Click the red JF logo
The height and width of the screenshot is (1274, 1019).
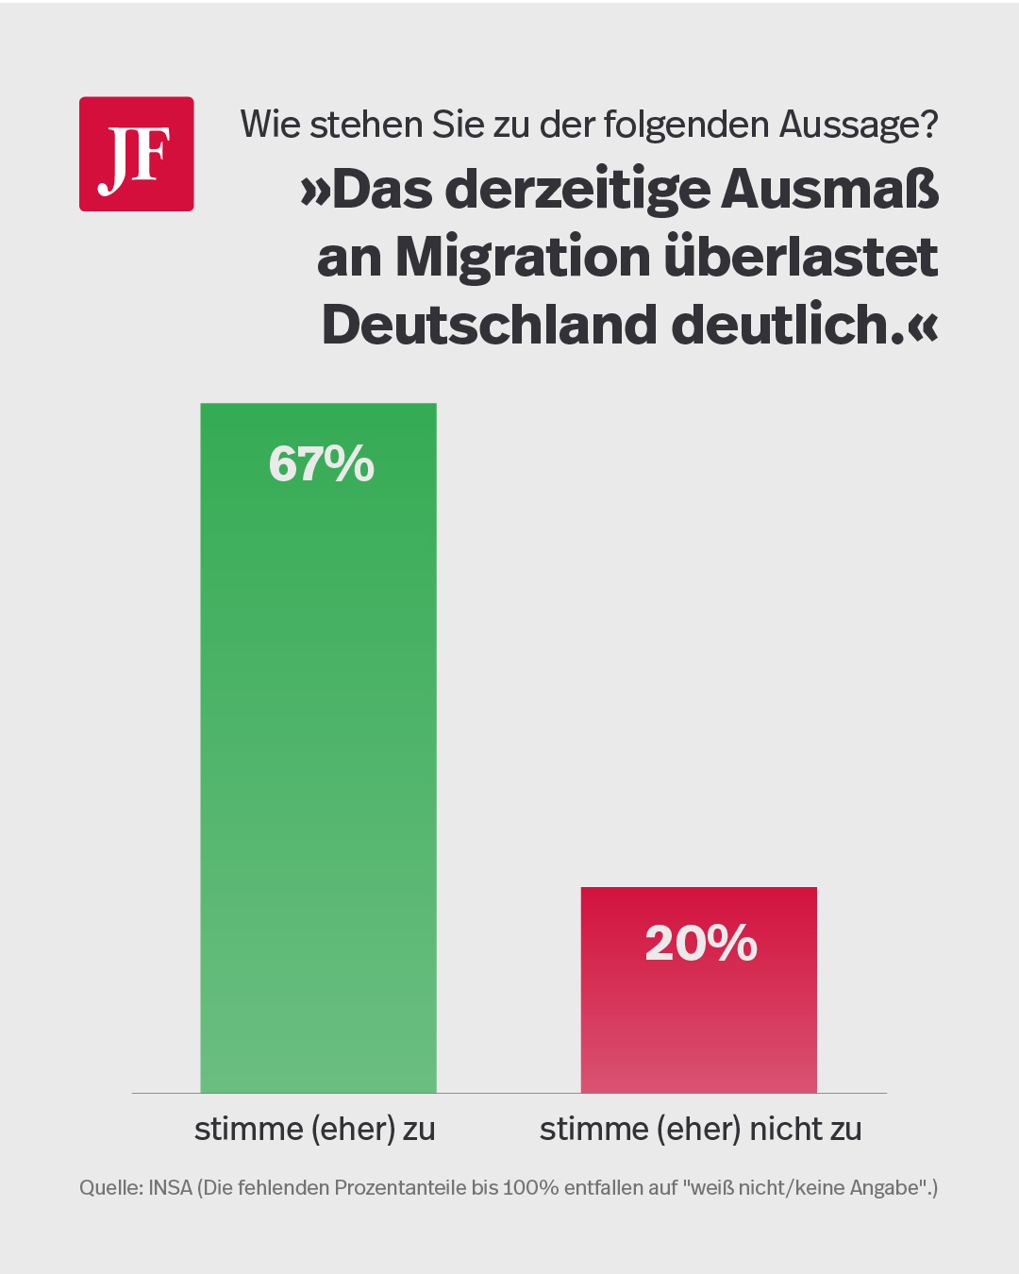[x=137, y=154]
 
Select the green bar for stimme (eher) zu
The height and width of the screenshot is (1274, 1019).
[x=318, y=755]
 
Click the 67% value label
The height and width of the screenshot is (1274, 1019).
[x=322, y=464]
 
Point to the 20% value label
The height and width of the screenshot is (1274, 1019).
[x=701, y=943]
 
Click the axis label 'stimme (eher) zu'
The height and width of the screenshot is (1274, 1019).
[x=315, y=1130]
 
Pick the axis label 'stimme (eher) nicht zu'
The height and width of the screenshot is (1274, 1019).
[x=701, y=1130]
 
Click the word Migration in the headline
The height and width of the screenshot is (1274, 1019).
[x=523, y=257]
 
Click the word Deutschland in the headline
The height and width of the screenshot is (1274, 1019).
[x=490, y=325]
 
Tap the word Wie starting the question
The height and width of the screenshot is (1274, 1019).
[x=270, y=125]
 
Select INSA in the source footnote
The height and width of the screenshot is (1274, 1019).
[x=171, y=1188]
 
